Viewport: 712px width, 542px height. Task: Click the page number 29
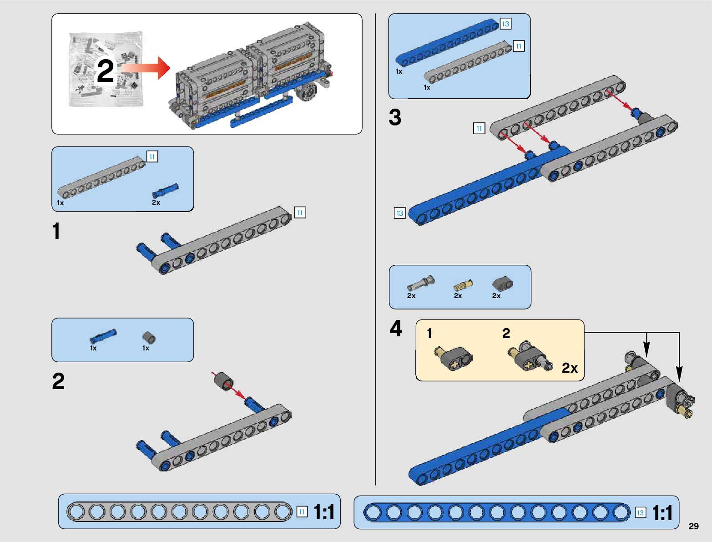coord(693,526)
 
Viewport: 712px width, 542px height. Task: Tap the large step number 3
coord(395,117)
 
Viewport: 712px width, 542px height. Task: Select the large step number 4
coord(396,329)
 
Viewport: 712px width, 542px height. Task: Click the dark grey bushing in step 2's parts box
coord(149,338)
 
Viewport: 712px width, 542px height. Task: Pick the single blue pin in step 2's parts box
coord(103,336)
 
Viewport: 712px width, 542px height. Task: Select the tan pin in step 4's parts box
coord(463,285)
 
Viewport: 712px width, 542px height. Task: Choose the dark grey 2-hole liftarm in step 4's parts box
coord(502,284)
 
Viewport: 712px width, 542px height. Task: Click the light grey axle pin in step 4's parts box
coord(421,284)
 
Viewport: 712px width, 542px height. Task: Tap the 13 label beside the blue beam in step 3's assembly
coord(399,213)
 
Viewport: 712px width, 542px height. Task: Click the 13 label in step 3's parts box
coord(505,24)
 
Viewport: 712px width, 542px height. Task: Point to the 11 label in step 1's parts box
coord(152,157)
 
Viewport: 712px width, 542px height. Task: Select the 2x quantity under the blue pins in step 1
coord(156,203)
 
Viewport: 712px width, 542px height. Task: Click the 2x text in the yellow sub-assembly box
coord(570,368)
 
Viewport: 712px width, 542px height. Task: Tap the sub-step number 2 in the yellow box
coord(506,333)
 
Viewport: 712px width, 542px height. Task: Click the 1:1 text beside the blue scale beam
coord(662,513)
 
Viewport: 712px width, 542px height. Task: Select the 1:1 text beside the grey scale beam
coord(324,512)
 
